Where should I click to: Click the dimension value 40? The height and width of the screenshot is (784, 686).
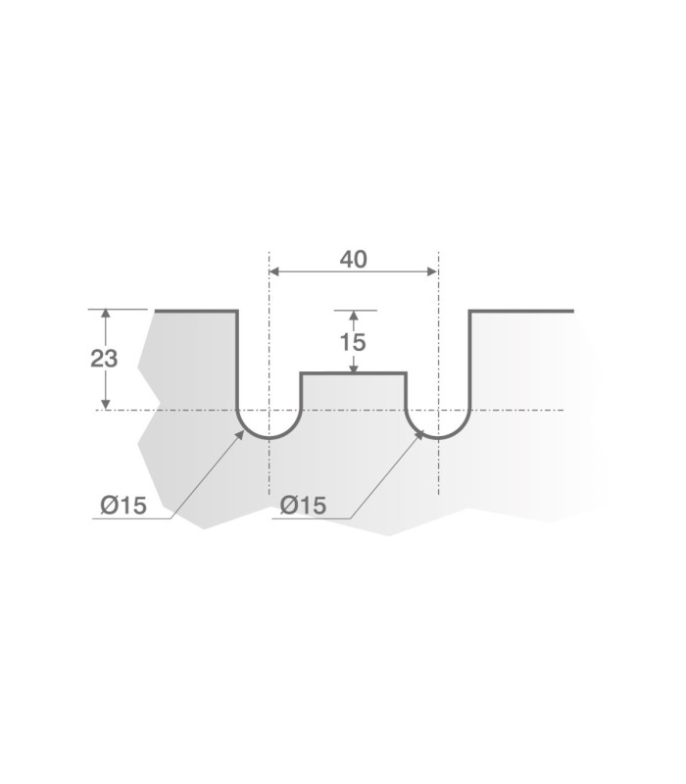coord(353,259)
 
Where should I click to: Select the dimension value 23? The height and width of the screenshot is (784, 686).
coord(104,359)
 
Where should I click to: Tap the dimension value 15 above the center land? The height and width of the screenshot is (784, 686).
coord(353,342)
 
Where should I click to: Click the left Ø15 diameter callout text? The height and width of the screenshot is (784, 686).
coord(123,506)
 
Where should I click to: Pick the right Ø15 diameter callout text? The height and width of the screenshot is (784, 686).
coord(303,505)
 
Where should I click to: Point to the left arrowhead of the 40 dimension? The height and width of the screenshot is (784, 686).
coord(274,271)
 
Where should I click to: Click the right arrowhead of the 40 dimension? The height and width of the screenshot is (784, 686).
coord(433,271)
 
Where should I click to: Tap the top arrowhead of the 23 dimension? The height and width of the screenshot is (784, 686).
coord(105,314)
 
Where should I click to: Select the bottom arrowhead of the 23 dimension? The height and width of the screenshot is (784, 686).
coord(105,405)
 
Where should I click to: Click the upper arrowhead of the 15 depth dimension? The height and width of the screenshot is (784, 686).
coord(354,316)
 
